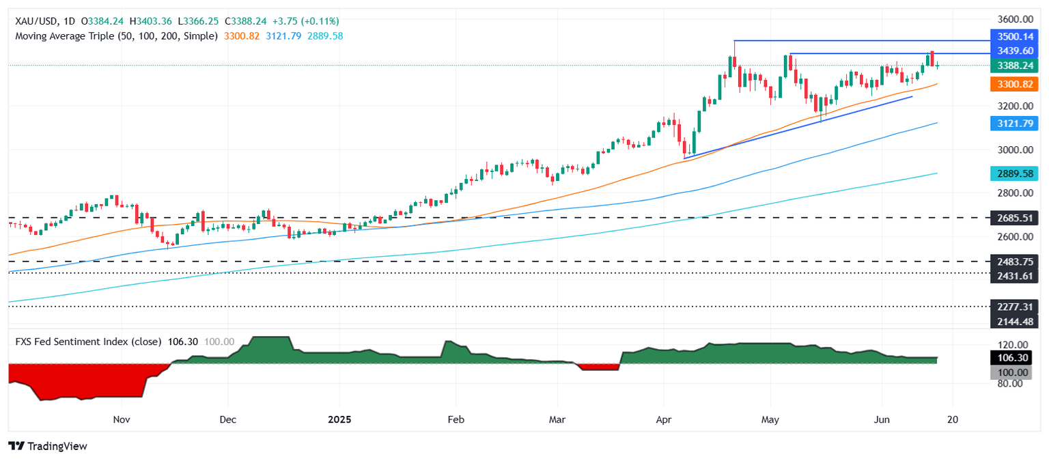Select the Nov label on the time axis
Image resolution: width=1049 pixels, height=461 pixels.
click(x=121, y=418)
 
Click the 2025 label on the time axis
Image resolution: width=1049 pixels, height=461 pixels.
click(x=339, y=418)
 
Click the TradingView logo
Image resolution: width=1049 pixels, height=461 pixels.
click(x=48, y=446)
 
